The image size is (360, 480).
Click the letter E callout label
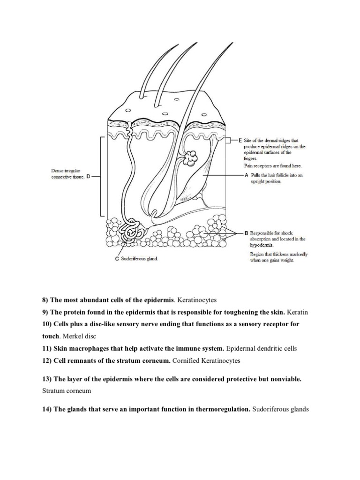[240, 140]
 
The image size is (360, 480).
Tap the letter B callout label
[246, 233]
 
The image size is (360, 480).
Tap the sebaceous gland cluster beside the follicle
[191, 159]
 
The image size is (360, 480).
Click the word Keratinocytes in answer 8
[197, 299]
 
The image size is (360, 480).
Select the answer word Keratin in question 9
[298, 312]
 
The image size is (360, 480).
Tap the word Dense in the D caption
[56, 171]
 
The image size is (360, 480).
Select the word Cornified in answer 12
[186, 360]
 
